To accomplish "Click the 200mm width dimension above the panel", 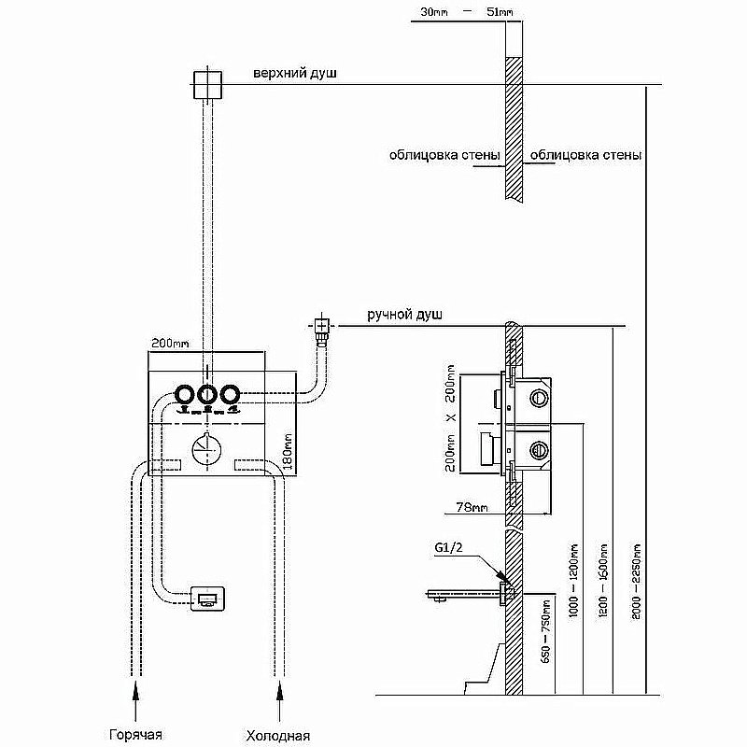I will click(x=169, y=344).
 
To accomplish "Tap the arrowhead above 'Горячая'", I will click(x=136, y=692).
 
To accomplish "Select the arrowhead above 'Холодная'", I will click(x=277, y=692).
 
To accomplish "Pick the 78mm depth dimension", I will click(x=470, y=510).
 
